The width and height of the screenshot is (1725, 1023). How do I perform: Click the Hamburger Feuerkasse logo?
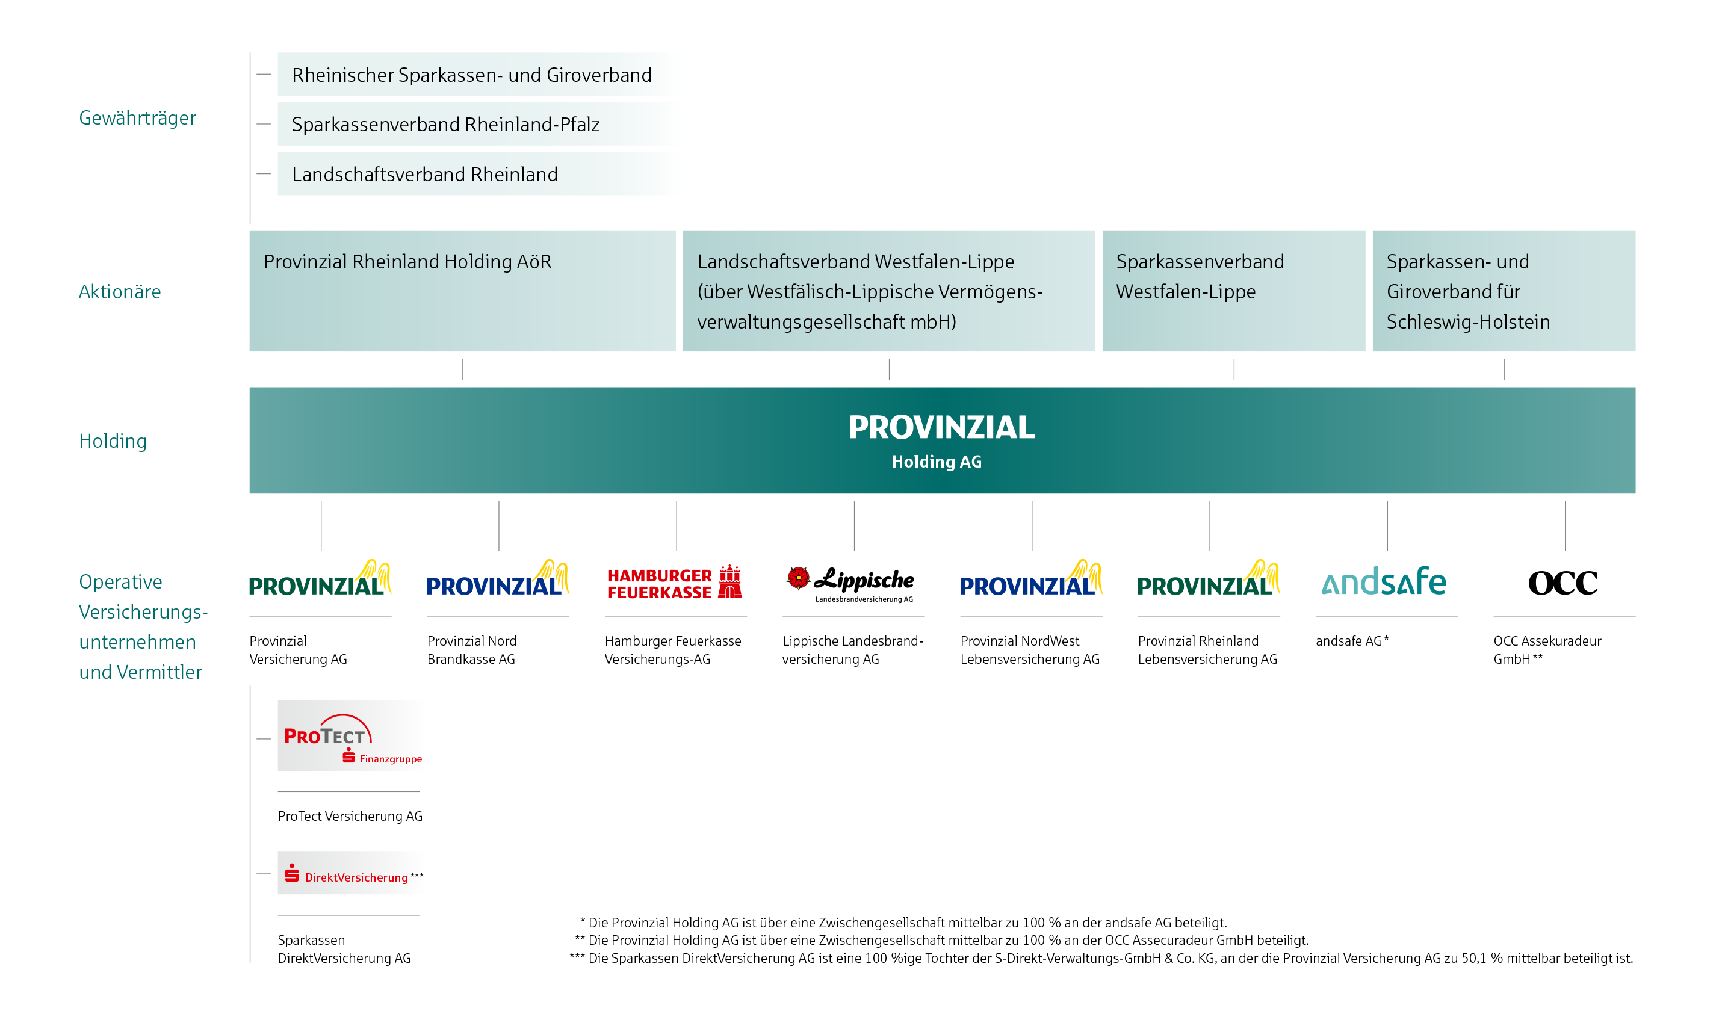(x=674, y=583)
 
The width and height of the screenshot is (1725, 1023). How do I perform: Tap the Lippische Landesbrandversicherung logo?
(x=853, y=583)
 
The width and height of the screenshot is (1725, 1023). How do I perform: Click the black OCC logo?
(x=1562, y=583)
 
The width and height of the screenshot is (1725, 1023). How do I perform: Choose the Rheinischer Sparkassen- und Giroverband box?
(x=472, y=75)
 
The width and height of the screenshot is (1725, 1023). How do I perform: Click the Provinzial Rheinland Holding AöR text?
(x=407, y=262)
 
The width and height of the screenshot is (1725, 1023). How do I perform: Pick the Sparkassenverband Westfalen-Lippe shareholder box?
(x=1233, y=291)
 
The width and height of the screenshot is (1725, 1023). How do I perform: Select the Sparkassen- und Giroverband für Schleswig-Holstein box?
(x=1503, y=291)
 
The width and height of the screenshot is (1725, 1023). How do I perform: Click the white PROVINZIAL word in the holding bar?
(x=941, y=427)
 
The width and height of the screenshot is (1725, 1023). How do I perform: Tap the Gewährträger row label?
(x=137, y=118)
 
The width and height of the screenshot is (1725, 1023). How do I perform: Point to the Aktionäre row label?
(x=119, y=292)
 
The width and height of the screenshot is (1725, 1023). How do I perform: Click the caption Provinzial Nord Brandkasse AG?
(x=472, y=649)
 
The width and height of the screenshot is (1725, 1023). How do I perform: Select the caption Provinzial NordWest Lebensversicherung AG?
(x=1029, y=649)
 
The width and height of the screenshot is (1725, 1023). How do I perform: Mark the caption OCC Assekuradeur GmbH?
(x=1546, y=649)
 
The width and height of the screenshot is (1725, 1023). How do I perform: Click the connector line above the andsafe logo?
(x=1387, y=525)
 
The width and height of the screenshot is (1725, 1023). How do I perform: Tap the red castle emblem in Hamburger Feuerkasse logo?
(x=729, y=582)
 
